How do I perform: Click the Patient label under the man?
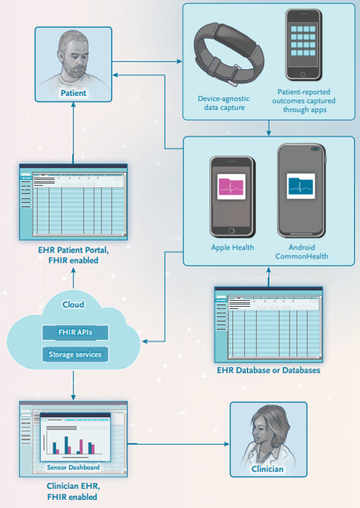tap(73, 93)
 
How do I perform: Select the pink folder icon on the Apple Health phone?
tap(231, 186)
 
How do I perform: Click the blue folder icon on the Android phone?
tap(301, 186)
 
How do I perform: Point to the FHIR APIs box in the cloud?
tap(75, 333)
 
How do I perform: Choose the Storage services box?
tap(75, 354)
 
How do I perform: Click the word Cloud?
tap(73, 305)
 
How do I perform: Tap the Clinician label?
tap(267, 469)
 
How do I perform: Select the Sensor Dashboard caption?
tap(73, 467)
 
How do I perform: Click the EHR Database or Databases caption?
tap(269, 371)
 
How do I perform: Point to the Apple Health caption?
tap(232, 247)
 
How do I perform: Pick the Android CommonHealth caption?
tap(301, 252)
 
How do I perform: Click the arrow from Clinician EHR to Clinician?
tap(178, 444)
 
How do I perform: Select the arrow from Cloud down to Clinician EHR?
tap(73, 385)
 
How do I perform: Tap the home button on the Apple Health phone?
tap(231, 231)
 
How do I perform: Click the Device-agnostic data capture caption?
tap(224, 103)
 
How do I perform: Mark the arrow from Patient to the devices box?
tap(147, 61)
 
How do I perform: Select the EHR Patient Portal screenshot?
tap(73, 202)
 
